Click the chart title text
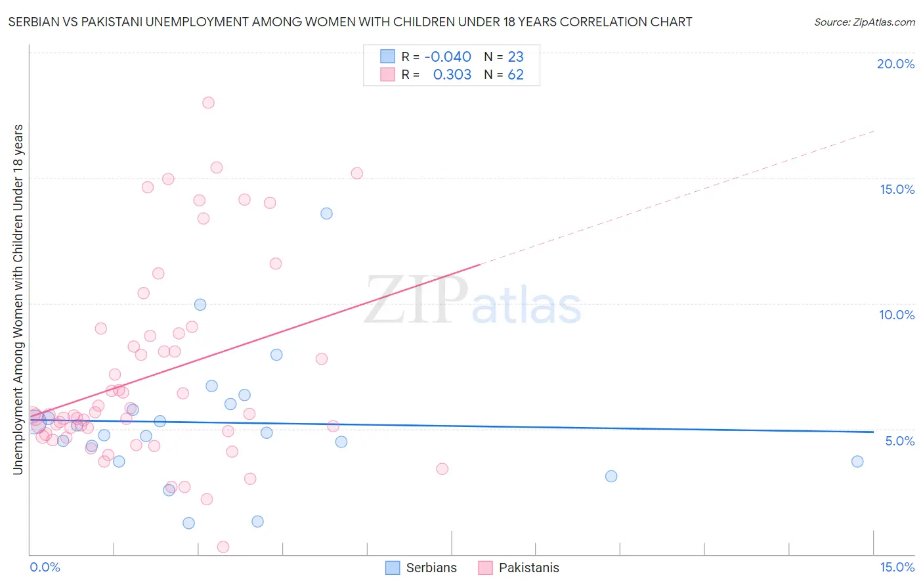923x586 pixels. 350,22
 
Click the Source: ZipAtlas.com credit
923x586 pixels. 864,22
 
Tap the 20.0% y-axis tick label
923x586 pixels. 895,64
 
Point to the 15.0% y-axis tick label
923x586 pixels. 897,189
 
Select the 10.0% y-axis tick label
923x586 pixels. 897,315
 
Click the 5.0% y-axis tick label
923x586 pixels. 899,441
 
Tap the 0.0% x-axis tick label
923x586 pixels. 45,567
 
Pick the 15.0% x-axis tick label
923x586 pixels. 897,567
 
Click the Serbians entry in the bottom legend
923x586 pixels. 421,568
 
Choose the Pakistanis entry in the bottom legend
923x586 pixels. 519,568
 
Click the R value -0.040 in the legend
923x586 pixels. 448,57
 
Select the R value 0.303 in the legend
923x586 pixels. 452,75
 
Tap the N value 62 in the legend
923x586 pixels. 516,75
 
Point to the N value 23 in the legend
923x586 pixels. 516,57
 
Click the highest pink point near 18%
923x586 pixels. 208,102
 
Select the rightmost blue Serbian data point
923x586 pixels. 857,461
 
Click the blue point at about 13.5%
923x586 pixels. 326,214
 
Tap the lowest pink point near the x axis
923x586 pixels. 223,547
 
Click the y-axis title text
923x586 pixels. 18,299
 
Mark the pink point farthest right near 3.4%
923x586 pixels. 442,469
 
